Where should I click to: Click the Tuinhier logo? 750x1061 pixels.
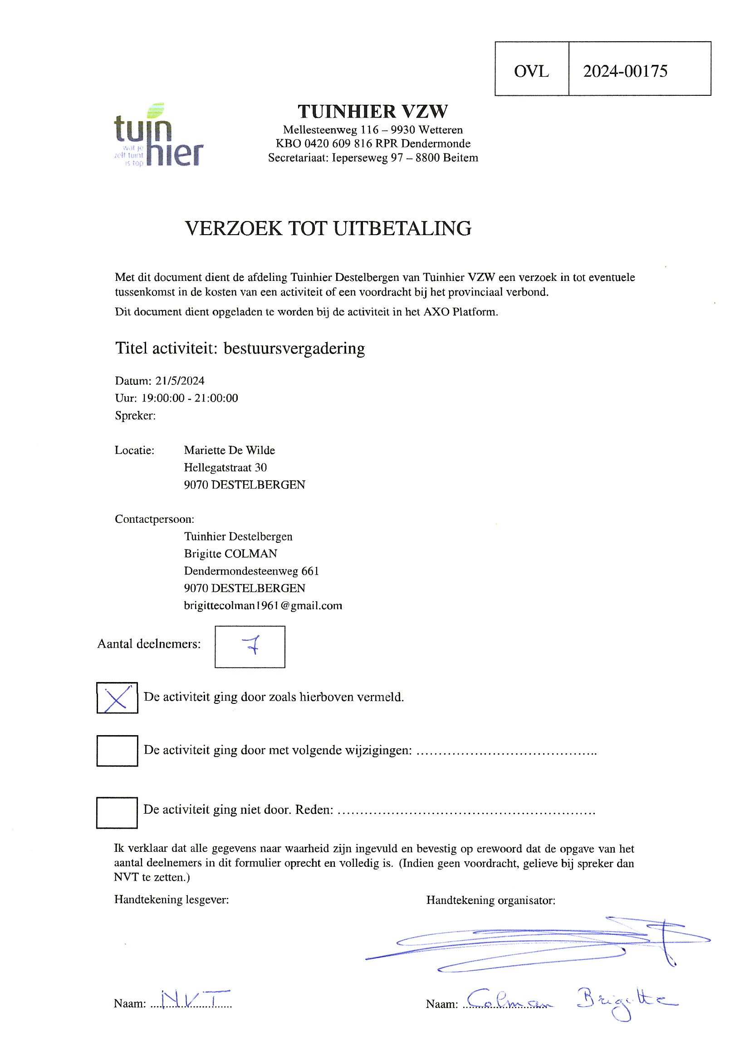158,135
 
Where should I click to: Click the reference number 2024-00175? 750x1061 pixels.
625,71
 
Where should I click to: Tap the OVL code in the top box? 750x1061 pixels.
531,71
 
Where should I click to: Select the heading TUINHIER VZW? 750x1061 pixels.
373,111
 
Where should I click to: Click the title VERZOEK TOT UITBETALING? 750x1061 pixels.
328,228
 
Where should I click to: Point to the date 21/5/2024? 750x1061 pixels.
180,381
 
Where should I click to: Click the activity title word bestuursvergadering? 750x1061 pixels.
294,349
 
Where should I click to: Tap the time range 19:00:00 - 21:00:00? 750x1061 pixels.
190,398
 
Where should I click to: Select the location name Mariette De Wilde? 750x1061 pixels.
229,450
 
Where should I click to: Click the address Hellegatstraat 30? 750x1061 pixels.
225,468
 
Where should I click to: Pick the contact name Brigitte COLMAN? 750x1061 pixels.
230,554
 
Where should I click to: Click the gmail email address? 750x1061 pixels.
263,605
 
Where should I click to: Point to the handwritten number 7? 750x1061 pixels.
252,645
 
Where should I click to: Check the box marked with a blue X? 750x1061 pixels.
117,698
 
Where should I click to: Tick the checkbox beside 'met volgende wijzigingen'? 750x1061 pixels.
117,751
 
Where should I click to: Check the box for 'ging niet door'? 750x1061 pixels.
117,812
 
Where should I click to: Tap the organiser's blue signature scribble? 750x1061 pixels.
536,943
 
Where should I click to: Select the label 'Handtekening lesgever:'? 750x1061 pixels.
172,900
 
